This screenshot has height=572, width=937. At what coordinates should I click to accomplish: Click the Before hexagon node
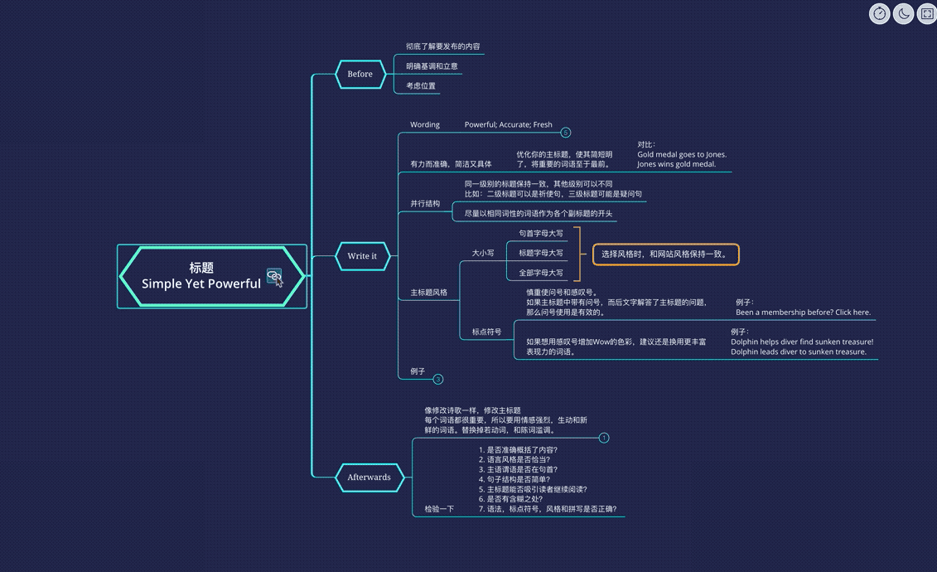coord(360,74)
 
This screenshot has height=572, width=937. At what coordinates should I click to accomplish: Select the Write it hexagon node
coord(362,256)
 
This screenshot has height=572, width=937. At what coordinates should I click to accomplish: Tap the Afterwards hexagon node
coord(369,477)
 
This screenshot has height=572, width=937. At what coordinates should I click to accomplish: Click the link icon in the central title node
coord(274,278)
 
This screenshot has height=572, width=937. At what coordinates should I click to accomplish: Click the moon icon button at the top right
coord(903,13)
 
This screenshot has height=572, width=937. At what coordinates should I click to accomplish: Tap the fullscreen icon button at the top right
coord(926,13)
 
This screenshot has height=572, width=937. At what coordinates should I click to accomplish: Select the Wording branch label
coord(425,125)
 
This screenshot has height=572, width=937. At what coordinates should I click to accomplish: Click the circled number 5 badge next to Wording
coord(566,133)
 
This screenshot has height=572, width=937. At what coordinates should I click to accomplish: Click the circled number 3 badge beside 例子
coord(438,379)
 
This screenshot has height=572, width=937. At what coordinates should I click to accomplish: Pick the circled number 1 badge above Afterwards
coord(604,438)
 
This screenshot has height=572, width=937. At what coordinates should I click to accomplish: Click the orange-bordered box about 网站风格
coord(665,254)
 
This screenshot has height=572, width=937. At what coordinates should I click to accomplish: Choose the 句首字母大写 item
coord(541,234)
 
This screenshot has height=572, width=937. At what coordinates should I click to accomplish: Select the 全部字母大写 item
coord(541,273)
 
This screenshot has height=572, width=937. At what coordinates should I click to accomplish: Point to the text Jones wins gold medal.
coord(676,164)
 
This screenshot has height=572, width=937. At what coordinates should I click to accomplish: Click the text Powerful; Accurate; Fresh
coord(508,125)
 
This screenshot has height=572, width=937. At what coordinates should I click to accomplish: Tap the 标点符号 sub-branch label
coord(486,332)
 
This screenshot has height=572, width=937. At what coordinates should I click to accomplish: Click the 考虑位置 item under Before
coord(421,86)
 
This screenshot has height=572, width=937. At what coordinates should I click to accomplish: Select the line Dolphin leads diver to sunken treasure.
coord(798,351)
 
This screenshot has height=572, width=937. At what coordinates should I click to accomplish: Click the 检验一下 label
coord(439,509)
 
